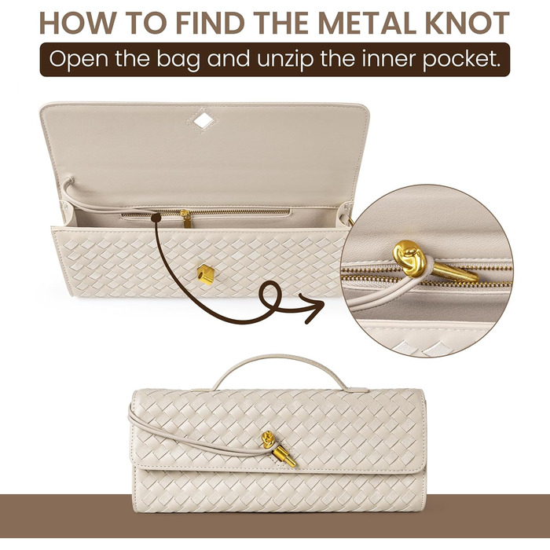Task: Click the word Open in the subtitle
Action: tap(79, 60)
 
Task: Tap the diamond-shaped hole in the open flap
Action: tap(203, 121)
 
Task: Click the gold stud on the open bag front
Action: tap(205, 274)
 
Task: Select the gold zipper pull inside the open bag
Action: tap(185, 218)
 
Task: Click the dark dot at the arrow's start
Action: tap(156, 218)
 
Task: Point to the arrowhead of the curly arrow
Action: tap(314, 307)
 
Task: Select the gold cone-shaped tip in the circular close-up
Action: tap(455, 273)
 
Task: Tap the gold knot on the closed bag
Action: tap(269, 439)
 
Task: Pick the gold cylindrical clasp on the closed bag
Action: tap(284, 455)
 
